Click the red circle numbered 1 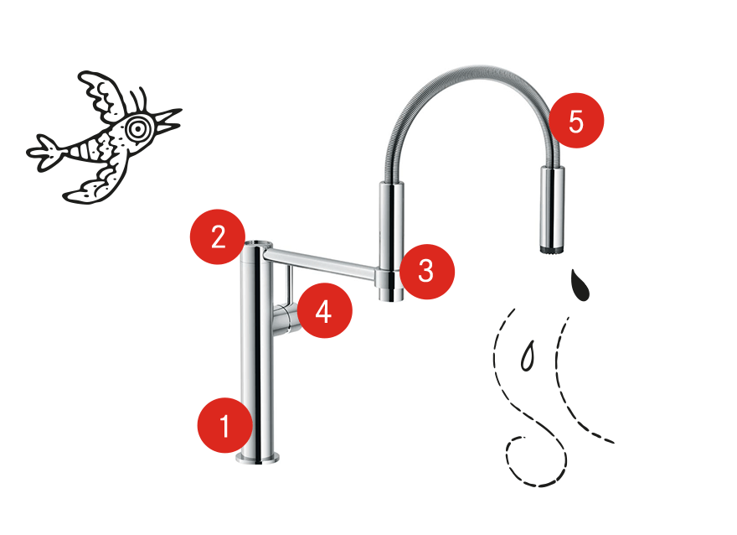click(x=224, y=425)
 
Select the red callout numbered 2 click(x=218, y=236)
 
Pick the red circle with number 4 click(x=324, y=310)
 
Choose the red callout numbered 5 click(x=576, y=121)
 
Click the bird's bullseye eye click(x=137, y=128)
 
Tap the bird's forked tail click(x=44, y=152)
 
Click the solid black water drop click(x=580, y=285)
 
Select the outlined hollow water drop click(x=528, y=356)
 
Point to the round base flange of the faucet click(x=258, y=459)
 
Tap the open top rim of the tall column click(x=258, y=244)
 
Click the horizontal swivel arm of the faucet click(x=321, y=262)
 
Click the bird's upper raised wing click(x=103, y=94)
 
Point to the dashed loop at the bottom click(x=537, y=462)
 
